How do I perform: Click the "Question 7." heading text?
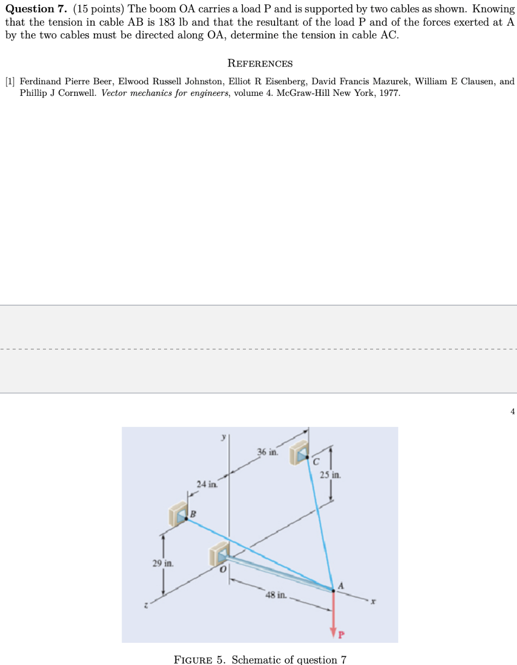tap(36, 9)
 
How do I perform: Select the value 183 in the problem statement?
tap(167, 22)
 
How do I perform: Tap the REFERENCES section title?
tap(260, 63)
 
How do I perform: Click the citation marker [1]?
tap(10, 81)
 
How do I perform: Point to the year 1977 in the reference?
tap(389, 93)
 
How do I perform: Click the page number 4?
tap(512, 411)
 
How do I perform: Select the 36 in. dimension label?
tap(268, 452)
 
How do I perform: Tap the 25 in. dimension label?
tap(330, 475)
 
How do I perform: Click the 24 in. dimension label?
tap(207, 484)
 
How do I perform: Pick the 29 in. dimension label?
tap(163, 563)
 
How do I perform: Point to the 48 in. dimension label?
tap(276, 595)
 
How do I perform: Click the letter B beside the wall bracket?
tap(193, 514)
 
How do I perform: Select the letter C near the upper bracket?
tap(316, 461)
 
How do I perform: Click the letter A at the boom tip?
tap(341, 586)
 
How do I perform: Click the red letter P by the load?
tap(341, 635)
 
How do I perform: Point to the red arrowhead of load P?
tap(333, 632)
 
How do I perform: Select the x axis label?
tap(373, 601)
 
